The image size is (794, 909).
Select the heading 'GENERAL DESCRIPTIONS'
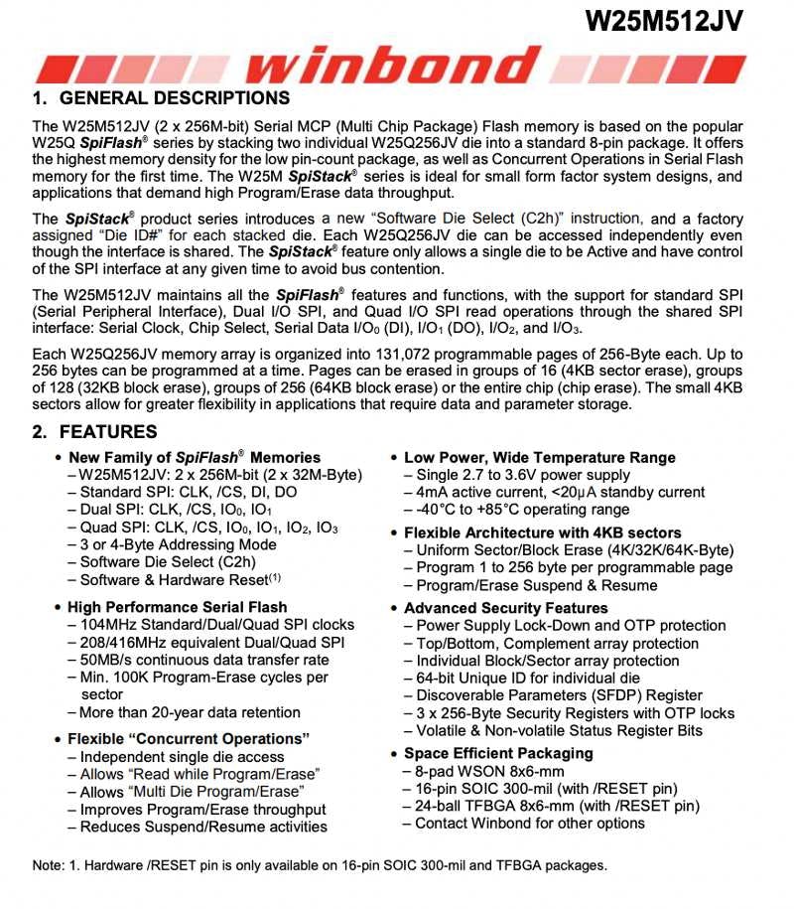[175, 98]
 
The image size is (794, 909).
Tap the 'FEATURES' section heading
[108, 432]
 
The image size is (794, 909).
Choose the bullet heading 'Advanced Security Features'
[505, 608]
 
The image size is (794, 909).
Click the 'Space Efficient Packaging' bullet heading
[498, 754]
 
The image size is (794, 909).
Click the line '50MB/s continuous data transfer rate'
[203, 660]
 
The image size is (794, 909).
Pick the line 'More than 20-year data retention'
[189, 712]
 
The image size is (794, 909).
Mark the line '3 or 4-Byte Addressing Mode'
[178, 544]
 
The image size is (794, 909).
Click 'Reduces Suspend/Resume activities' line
[203, 827]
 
